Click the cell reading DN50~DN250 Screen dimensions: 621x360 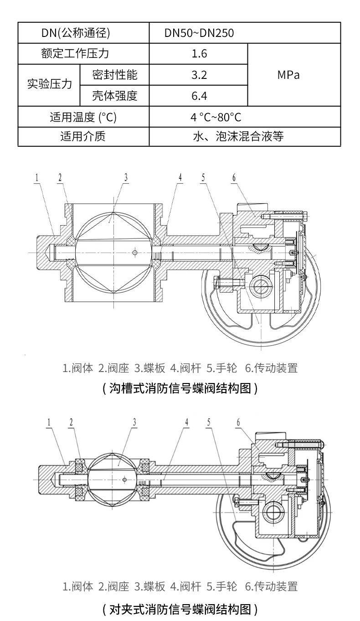tap(200, 33)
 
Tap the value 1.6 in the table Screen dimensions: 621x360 tap(199, 54)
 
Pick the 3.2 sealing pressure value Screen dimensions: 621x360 tap(199, 75)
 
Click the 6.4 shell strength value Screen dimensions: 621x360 tap(199, 96)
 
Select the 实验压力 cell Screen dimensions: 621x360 tap(49, 85)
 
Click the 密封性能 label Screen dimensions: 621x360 tap(114, 75)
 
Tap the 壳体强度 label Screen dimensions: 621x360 tap(114, 96)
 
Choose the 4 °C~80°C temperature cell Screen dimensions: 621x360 tap(216, 117)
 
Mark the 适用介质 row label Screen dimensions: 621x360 tap(83, 136)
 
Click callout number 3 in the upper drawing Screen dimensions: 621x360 tap(126, 178)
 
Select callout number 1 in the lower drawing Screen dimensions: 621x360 tap(48, 422)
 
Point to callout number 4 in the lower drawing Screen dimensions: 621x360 tap(186, 422)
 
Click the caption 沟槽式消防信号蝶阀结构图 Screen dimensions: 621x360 tap(180, 388)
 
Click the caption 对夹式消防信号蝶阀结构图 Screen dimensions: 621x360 tap(180, 609)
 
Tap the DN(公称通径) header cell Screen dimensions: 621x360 tap(83, 33)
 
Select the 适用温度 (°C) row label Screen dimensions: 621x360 tap(83, 117)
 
